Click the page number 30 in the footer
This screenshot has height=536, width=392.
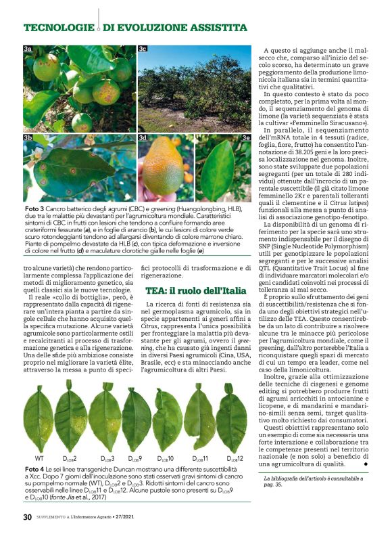(28, 518)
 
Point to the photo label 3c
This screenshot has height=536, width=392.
(143, 49)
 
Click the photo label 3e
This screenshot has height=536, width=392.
(246, 137)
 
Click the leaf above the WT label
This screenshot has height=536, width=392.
(38, 418)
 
